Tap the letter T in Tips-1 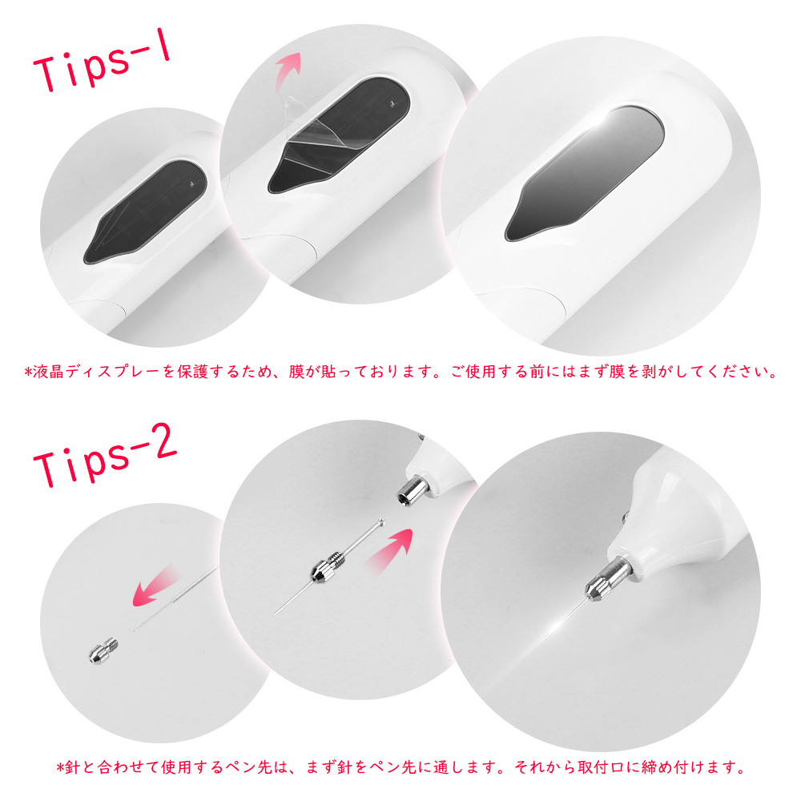pyautogui.click(x=50, y=77)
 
